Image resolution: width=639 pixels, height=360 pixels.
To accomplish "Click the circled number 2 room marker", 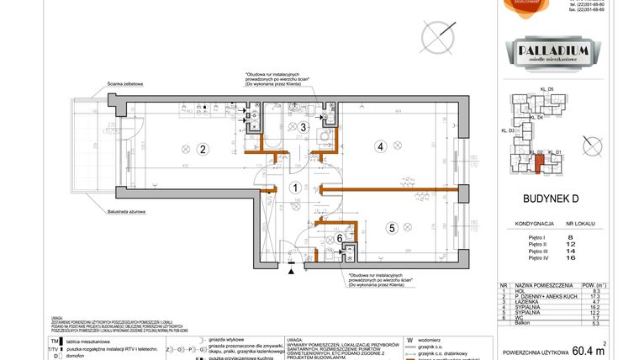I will click(203, 151).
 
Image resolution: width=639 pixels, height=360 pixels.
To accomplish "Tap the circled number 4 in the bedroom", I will click(380, 147).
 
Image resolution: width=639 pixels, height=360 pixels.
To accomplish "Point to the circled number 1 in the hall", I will click(294, 188).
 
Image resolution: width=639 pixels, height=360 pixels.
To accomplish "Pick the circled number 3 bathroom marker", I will click(304, 127).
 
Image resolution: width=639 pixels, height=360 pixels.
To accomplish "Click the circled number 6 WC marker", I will click(340, 238).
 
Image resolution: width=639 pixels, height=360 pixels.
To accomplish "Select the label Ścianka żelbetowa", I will click(125, 84).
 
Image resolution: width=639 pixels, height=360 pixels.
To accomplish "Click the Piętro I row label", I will click(536, 237).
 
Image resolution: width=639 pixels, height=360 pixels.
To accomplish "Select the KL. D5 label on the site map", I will click(547, 89).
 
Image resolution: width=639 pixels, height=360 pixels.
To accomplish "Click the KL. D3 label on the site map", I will click(508, 131).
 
